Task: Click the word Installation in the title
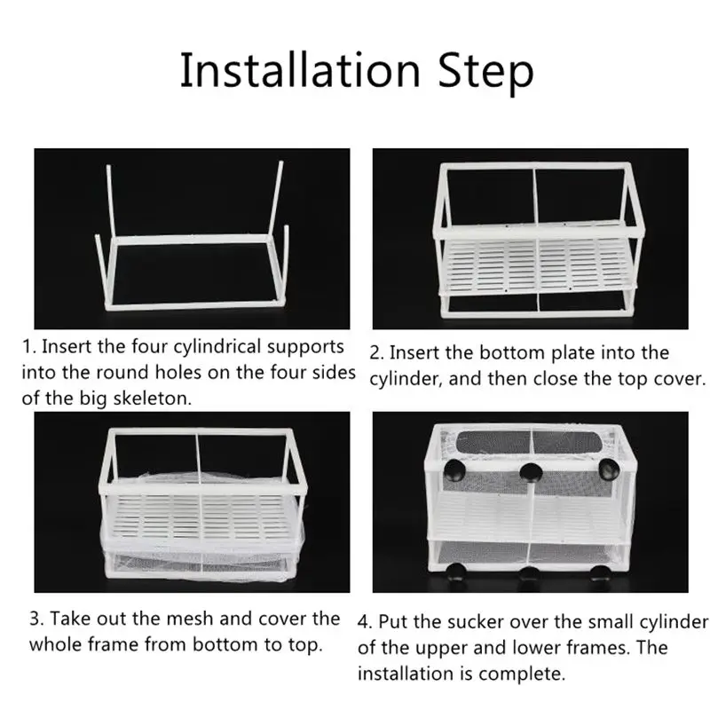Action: [x=300, y=71]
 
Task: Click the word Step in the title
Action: [x=485, y=73]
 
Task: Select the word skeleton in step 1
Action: [x=152, y=398]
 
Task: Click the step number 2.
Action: [x=375, y=353]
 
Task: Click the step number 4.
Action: [x=365, y=622]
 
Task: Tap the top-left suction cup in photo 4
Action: [x=454, y=472]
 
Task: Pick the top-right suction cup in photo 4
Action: [x=609, y=469]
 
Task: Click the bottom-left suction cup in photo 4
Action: [x=456, y=572]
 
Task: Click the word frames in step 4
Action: [x=602, y=648]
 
